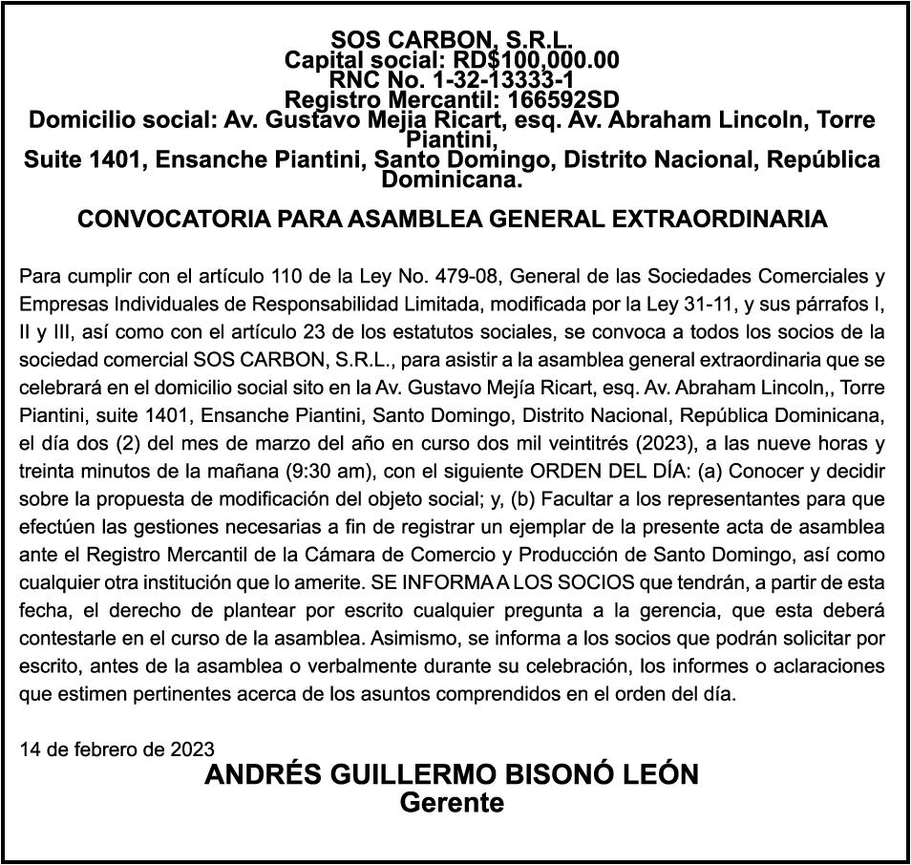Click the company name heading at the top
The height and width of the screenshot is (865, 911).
452,40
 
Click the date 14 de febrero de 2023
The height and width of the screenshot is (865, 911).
117,749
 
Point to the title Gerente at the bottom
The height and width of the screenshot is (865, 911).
452,803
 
